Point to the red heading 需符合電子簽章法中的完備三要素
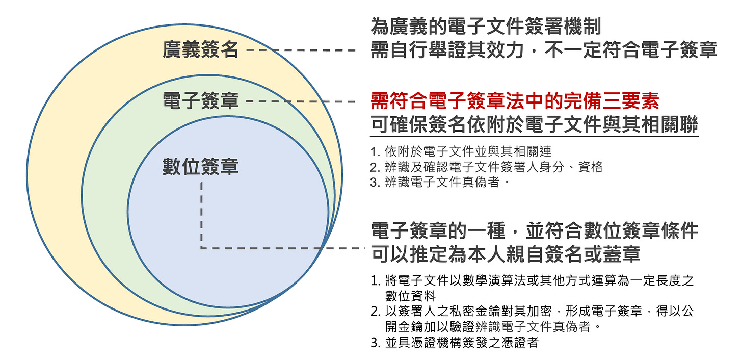click(515, 101)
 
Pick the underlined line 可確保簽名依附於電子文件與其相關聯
click(534, 124)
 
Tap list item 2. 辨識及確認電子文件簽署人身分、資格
click(487, 167)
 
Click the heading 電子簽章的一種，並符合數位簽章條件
click(534, 231)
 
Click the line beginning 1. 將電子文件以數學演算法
click(533, 280)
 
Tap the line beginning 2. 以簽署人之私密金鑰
click(533, 312)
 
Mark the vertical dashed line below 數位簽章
click(202, 214)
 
